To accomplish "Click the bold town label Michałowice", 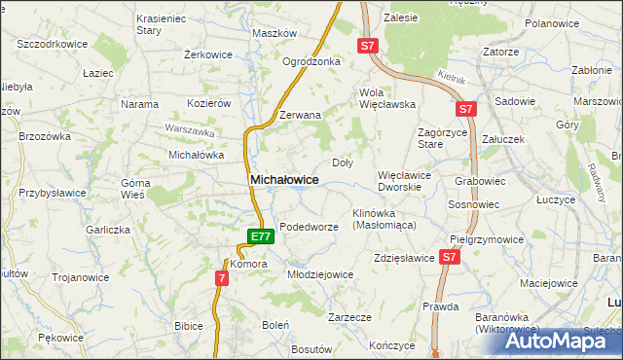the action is click(284, 180).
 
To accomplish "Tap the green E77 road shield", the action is click(259, 236).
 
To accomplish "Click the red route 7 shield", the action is click(222, 279).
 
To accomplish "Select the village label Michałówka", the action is click(197, 155).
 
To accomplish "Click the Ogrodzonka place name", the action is click(311, 61).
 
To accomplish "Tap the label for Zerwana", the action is click(300, 115).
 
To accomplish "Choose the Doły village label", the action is click(343, 163).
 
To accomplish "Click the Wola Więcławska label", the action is click(387, 97).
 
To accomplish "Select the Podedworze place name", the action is click(309, 227).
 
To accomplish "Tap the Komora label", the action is click(248, 264).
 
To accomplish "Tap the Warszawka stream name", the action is click(190, 129).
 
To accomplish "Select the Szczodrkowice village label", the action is click(53, 45).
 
